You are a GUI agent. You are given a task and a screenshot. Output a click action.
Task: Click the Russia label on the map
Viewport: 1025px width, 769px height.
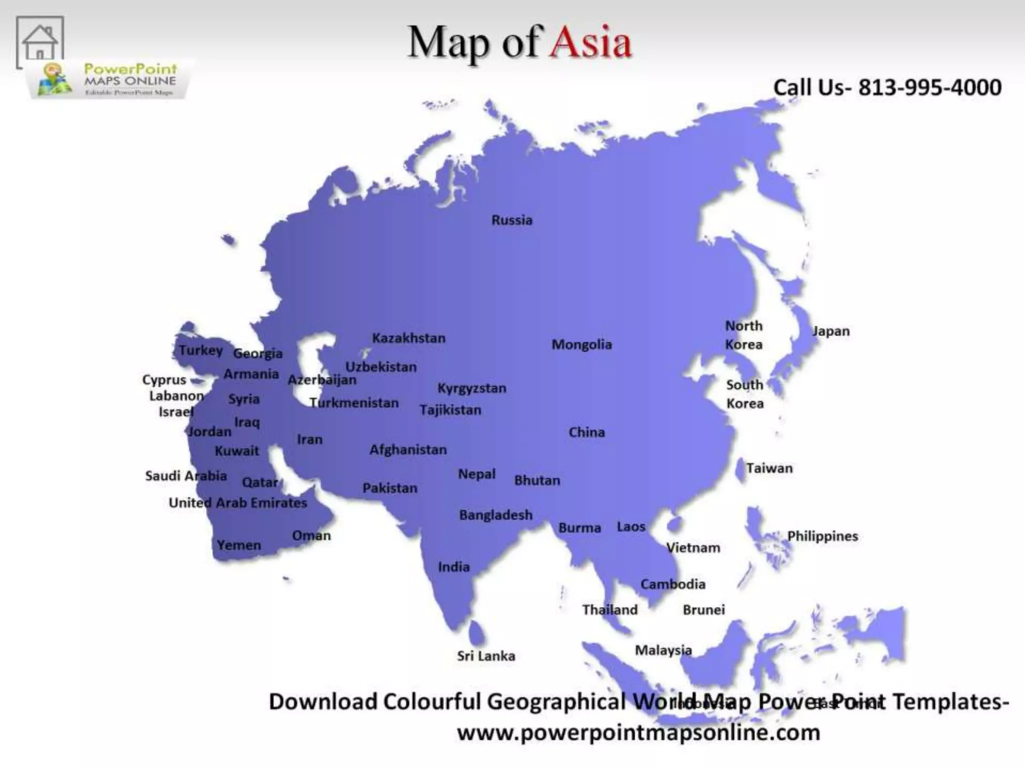tap(511, 220)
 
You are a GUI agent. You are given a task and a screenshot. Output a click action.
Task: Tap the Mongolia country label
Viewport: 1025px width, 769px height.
tap(582, 344)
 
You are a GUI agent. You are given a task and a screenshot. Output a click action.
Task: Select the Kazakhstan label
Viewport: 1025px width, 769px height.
tap(408, 338)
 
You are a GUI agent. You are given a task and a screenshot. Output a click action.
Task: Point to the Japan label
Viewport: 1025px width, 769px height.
tap(831, 331)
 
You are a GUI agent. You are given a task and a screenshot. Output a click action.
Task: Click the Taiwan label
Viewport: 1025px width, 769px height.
tap(769, 469)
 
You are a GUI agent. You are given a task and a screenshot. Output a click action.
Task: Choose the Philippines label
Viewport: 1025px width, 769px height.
tap(822, 536)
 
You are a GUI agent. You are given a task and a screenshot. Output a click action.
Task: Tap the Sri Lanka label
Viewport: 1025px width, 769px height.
tap(485, 656)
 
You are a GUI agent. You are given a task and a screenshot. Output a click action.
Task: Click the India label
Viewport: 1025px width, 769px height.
tap(453, 567)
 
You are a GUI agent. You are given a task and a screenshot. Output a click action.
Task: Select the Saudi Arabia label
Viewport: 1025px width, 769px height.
tap(186, 476)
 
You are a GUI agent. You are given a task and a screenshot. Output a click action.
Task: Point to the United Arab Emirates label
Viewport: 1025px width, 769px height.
tap(238, 503)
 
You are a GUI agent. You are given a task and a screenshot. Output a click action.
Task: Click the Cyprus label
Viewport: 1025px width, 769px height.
tap(164, 380)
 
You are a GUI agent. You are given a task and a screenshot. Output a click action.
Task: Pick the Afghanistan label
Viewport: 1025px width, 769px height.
tap(408, 450)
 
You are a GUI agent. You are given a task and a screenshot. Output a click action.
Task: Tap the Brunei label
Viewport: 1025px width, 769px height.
tap(704, 610)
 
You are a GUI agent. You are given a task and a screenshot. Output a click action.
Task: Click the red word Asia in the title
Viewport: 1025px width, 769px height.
tap(591, 42)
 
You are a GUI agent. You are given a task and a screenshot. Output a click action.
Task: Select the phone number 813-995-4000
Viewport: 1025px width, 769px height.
tap(930, 88)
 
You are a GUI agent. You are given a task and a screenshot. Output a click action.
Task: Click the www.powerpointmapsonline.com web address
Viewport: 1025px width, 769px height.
tap(639, 732)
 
